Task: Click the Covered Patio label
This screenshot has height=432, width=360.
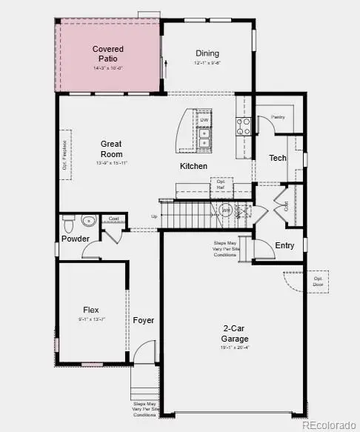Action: coord(108,53)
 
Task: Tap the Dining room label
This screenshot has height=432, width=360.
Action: coord(207,53)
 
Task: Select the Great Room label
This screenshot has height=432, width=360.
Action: coord(111,149)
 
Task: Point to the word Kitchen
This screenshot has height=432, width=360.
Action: coord(194,167)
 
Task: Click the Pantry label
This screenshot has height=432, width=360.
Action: coord(279,117)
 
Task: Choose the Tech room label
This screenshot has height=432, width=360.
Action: coord(278,158)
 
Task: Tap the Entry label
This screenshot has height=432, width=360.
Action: coord(284,245)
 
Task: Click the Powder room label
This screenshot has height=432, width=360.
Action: coord(76,239)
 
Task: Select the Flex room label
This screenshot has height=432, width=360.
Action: coord(91,310)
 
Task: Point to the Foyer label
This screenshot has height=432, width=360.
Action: coord(144,320)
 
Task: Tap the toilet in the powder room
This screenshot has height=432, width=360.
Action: coord(68,222)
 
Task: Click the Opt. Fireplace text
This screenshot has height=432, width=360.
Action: coord(64,156)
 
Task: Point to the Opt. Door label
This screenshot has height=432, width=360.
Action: coord(298,282)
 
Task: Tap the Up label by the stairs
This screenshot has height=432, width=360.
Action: coord(154,217)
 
